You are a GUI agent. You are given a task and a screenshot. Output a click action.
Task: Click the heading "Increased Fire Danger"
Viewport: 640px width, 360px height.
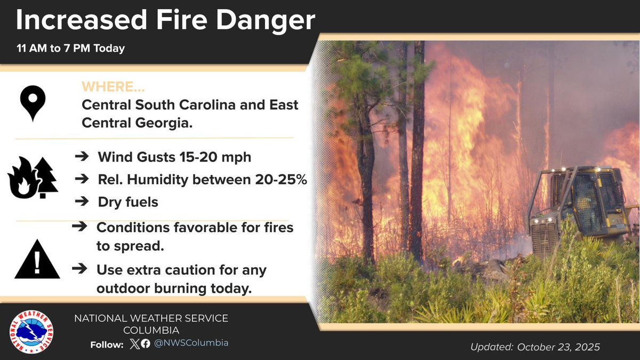point(165,21)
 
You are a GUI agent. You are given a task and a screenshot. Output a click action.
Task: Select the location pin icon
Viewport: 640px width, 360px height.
point(33,103)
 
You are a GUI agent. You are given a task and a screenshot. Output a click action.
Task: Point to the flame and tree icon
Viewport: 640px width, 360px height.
point(33,178)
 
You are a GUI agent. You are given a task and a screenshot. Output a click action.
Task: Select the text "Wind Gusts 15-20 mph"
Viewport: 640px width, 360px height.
point(174,158)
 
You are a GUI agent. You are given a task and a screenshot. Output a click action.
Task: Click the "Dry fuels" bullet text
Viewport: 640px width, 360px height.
point(128,203)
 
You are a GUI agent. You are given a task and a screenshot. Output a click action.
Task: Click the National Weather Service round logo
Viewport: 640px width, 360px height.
point(31,332)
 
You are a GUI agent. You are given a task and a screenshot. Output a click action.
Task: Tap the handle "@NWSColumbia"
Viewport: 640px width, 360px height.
point(191,343)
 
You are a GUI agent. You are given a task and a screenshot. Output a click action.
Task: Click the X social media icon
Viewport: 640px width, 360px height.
point(134,343)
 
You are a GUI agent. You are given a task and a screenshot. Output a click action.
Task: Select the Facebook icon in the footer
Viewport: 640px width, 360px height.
point(146,343)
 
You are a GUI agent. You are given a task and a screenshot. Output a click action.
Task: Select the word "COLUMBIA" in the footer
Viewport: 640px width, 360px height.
point(151,331)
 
